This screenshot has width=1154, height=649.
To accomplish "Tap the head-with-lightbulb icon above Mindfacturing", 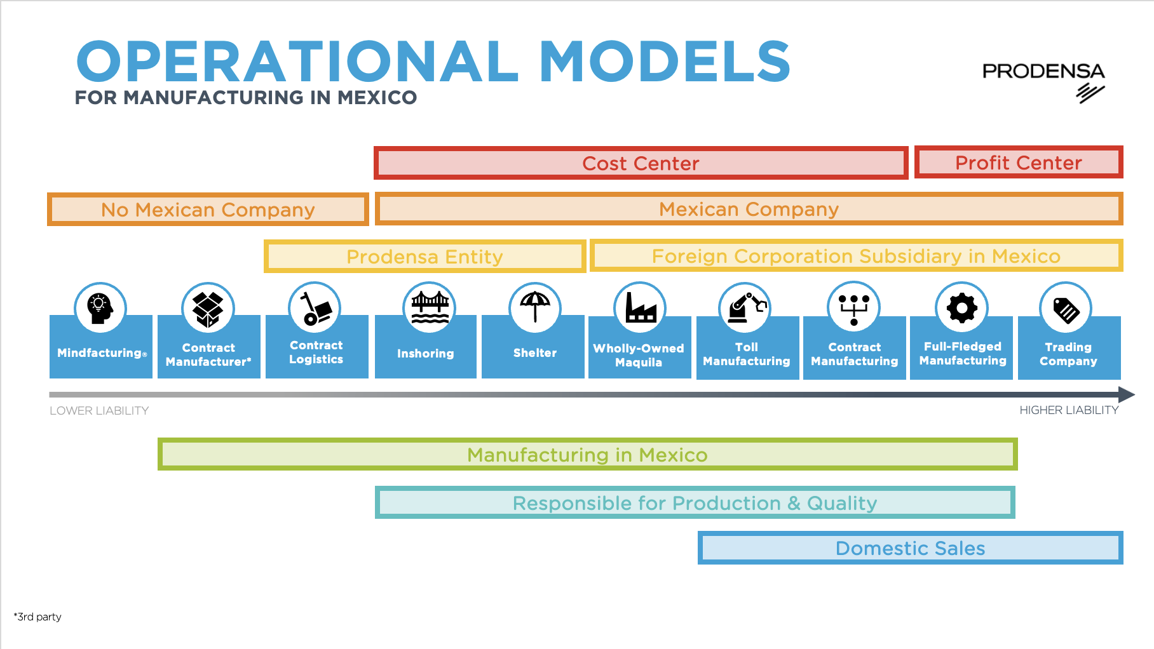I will [x=100, y=308].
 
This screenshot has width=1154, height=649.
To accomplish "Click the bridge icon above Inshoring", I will [x=430, y=307].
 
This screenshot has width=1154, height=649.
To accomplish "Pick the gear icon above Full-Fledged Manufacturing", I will [x=961, y=308].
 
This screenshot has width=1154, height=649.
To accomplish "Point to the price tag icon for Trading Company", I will [x=1066, y=309].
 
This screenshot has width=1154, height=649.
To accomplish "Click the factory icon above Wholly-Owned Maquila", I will [x=640, y=308].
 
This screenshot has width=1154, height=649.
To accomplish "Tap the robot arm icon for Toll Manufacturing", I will [x=745, y=308].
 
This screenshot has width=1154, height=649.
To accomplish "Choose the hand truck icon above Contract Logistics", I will [x=315, y=308].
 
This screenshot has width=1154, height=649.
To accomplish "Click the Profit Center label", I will [x=1018, y=163].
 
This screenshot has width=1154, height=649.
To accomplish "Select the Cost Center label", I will [x=641, y=163].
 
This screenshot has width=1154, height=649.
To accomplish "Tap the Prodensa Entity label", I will [x=424, y=257].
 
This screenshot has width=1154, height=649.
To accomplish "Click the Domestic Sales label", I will [x=910, y=548].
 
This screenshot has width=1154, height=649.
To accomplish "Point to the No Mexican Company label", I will [x=208, y=210].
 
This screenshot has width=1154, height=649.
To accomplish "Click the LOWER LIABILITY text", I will [x=99, y=411].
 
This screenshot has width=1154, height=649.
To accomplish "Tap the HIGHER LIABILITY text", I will [x=1069, y=410].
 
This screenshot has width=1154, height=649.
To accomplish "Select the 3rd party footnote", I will [x=37, y=617].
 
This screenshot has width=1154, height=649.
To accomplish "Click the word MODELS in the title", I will [x=664, y=62].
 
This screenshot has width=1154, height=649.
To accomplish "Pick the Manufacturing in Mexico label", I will [x=587, y=455].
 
